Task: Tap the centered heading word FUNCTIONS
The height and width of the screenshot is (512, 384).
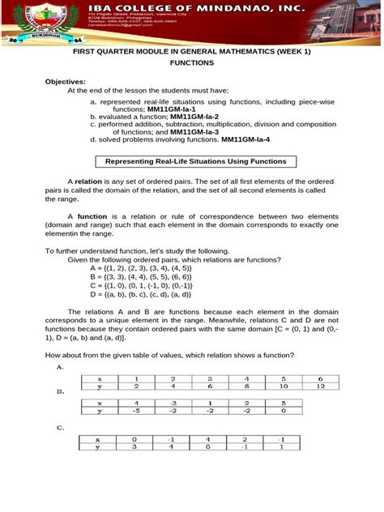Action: [x=192, y=62]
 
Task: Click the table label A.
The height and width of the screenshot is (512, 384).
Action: [x=60, y=366]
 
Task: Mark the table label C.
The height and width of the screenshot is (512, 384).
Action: [x=60, y=427]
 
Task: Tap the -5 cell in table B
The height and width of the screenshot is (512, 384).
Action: [x=136, y=411]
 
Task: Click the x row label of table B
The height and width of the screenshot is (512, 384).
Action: [x=100, y=403]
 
